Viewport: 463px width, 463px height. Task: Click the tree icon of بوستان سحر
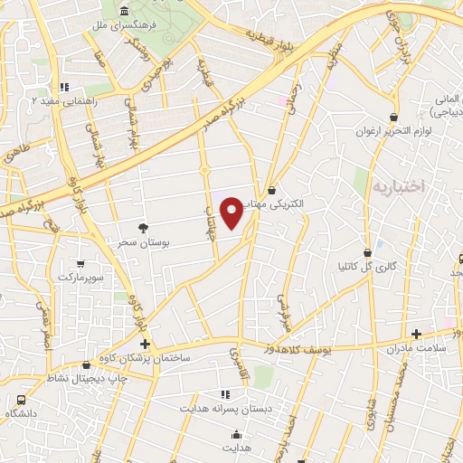(142, 228)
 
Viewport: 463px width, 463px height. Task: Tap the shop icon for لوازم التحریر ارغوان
(392, 117)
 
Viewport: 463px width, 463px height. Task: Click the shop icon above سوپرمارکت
(80, 264)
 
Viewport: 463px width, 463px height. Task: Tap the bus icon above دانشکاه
(21, 399)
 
